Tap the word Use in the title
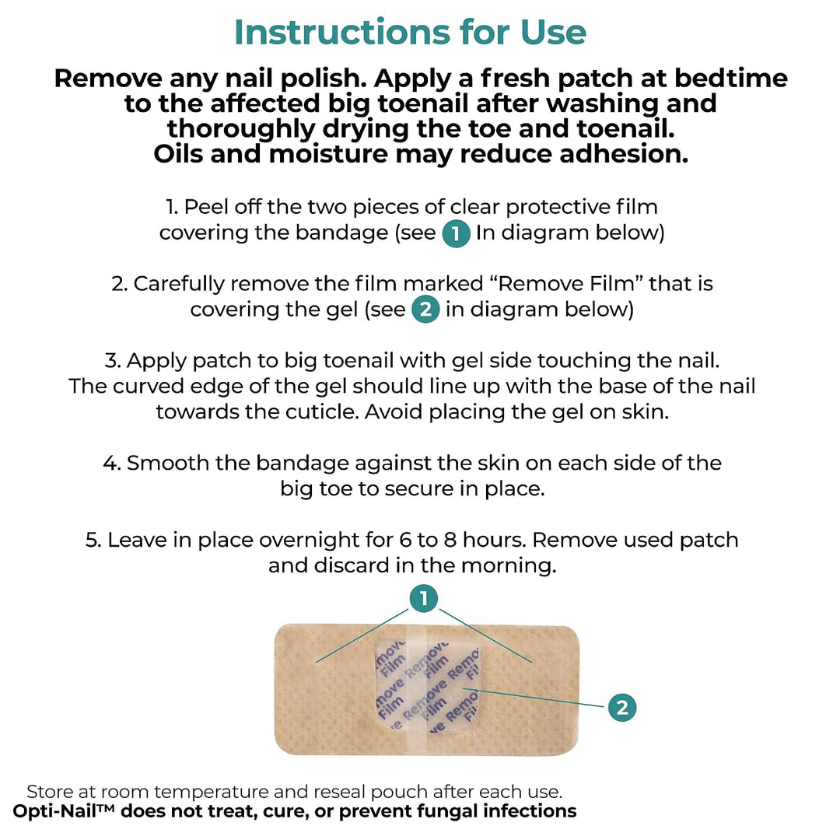click(554, 32)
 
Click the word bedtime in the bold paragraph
click(730, 79)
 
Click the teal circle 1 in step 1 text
click(456, 233)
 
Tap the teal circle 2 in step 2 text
click(426, 310)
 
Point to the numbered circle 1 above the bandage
click(424, 598)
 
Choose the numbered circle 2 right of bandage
click(622, 708)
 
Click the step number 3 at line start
click(112, 361)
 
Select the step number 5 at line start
click(92, 540)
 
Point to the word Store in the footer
click(50, 792)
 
